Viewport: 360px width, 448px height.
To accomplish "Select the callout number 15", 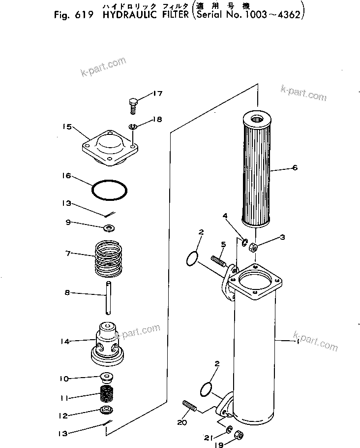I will [67, 127].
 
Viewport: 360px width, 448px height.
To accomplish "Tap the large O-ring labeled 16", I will [111, 190].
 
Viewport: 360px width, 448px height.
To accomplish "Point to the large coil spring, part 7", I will [110, 257].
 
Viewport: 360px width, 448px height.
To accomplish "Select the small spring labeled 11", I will [107, 394].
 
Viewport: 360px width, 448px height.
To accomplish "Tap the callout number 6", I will [294, 168].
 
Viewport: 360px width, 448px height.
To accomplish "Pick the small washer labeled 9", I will [109, 228].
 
